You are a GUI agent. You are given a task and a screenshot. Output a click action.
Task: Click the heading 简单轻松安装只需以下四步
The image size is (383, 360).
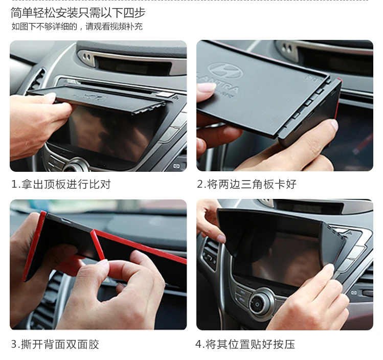[x=78, y=12]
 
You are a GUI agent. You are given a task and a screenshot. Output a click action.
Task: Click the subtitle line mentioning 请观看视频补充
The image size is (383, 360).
[x=77, y=27]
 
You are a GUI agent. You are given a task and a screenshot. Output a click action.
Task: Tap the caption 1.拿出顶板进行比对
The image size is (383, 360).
[x=61, y=184]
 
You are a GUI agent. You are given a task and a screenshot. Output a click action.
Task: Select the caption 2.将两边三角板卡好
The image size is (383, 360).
[x=246, y=184]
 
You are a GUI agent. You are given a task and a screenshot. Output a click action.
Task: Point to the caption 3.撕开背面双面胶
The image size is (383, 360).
[x=55, y=344]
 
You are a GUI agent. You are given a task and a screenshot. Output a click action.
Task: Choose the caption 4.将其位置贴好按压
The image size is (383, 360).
[x=245, y=344]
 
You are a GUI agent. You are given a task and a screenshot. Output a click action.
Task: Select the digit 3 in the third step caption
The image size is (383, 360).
[x=14, y=344]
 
